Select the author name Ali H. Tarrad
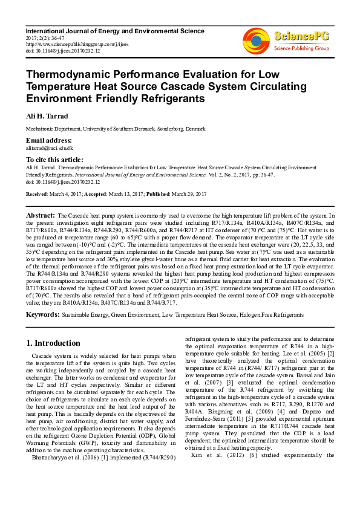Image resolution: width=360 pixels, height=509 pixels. [x=46, y=115]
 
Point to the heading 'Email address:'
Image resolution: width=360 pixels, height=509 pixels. [x=49, y=140]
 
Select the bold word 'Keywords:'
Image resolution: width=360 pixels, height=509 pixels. [x=43, y=315]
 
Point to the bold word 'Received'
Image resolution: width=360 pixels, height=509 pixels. [x=36, y=193]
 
